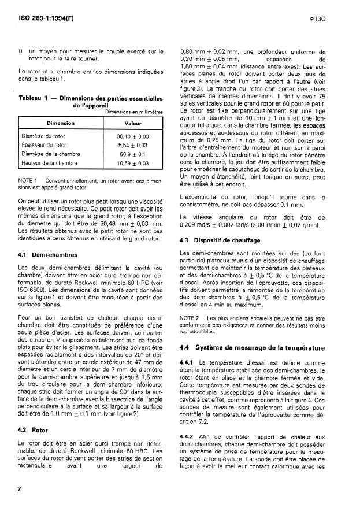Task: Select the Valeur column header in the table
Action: click(x=133, y=123)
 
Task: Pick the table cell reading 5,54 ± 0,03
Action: click(x=133, y=145)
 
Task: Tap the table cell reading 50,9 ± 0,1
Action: click(x=133, y=154)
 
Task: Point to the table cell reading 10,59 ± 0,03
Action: click(x=133, y=164)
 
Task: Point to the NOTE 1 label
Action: click(x=28, y=181)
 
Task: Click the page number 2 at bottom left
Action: click(x=20, y=489)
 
